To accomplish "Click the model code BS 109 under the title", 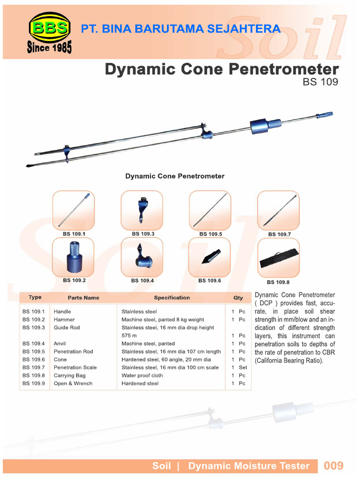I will [321, 81].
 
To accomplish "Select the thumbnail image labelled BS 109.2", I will [73, 257].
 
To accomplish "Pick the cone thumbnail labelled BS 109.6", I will [209, 257].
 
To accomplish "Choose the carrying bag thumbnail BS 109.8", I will [278, 258].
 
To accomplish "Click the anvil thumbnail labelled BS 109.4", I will [142, 257].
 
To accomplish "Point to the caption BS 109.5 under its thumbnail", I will [210, 233].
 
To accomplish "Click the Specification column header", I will [172, 298].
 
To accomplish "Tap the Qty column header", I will [238, 298].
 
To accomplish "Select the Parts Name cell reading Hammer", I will [64, 319].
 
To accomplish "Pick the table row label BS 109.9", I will [33, 383].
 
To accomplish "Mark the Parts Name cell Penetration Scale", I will [75, 367].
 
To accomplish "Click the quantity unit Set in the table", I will [242, 367].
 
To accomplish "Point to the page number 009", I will [333, 465].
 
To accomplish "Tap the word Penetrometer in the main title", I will [284, 69].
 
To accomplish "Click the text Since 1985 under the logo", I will [49, 48].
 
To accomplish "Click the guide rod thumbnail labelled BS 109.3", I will [142, 210].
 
